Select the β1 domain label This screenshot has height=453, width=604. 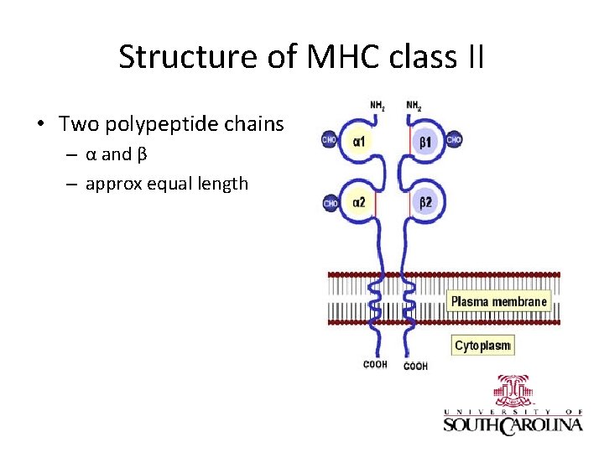426,142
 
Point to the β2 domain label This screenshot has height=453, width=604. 426,201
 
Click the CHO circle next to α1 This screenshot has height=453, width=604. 330,140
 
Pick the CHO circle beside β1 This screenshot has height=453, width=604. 454,140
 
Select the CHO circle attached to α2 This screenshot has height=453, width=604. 331,202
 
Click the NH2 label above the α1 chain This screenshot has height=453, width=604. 378,106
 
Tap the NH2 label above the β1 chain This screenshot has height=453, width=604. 414,106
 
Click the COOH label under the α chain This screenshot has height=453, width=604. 375,364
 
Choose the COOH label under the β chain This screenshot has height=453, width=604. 415,366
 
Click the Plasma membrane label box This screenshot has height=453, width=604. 499,301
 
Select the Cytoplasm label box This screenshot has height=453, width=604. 482,346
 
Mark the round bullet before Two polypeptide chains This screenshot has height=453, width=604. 40,126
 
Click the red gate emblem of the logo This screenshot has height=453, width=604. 515,390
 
